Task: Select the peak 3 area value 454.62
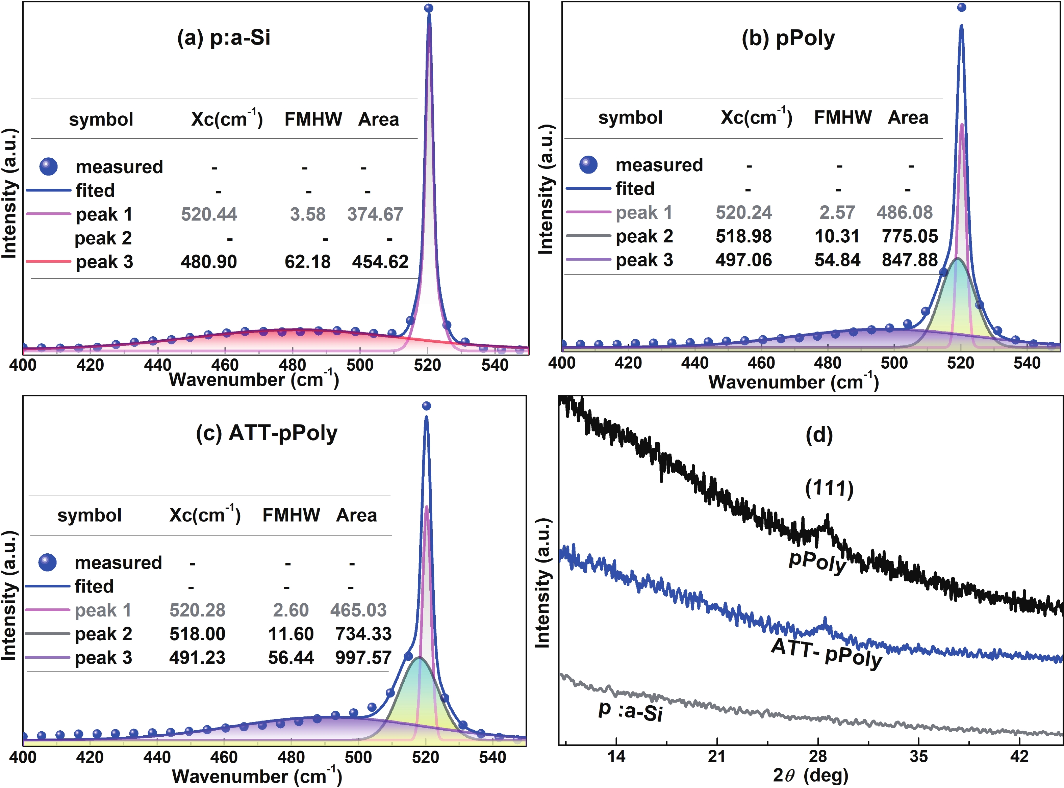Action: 380,262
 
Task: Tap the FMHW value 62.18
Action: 307,262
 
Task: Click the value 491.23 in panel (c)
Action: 197,658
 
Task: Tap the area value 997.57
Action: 363,658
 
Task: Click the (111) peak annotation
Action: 829,489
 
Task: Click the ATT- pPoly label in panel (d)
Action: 827,653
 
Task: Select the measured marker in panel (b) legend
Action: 588,164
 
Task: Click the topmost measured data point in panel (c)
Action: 427,406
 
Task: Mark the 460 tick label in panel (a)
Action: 225,365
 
